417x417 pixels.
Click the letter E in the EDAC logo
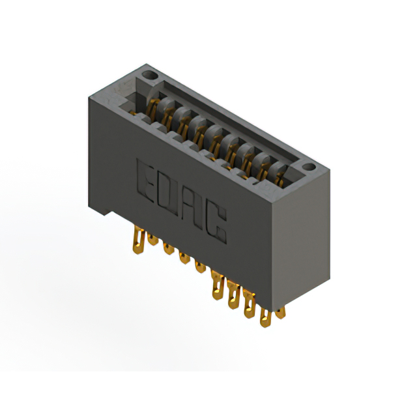coord(147,177)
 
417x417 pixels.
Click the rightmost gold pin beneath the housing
coord(280,312)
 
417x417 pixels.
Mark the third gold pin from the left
coord(169,248)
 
